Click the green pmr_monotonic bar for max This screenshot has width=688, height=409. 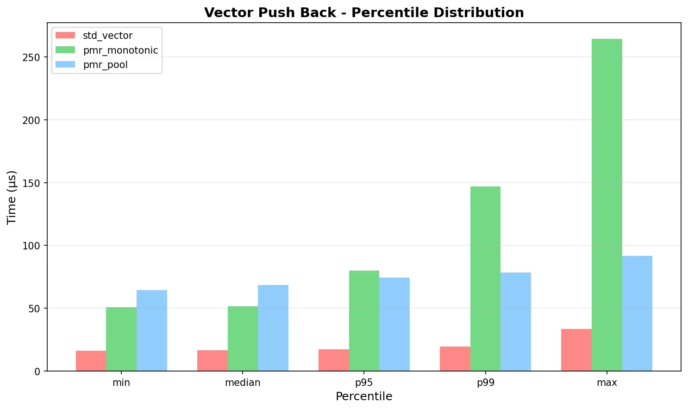click(x=607, y=205)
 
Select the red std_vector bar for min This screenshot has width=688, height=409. click(x=91, y=361)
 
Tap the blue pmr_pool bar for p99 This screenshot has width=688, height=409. click(x=516, y=322)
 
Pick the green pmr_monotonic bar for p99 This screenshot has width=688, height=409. click(x=485, y=279)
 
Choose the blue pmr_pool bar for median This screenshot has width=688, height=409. click(x=273, y=328)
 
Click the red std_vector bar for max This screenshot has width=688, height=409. click(x=576, y=350)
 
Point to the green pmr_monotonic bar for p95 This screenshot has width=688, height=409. click(x=364, y=321)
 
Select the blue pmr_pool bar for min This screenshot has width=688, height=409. click(x=152, y=330)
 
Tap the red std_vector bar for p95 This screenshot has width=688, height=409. click(x=334, y=360)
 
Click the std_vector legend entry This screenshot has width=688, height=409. click(x=107, y=36)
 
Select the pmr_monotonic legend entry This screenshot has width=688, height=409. click(x=120, y=50)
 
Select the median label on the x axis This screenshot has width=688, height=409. click(x=243, y=383)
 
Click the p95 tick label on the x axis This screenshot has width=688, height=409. click(x=364, y=383)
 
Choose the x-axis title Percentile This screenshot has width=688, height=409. click(x=364, y=397)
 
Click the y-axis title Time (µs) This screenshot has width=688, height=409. click(x=12, y=197)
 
